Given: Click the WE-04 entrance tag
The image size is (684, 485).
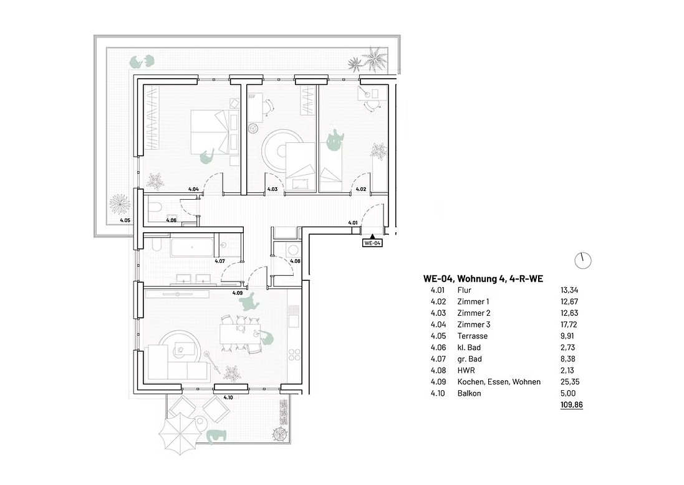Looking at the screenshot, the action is click(372, 243).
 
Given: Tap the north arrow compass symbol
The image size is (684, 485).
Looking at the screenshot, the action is click(583, 261).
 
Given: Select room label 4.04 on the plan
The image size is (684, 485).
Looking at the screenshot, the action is click(193, 190).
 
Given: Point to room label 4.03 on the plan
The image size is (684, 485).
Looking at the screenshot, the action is click(272, 190).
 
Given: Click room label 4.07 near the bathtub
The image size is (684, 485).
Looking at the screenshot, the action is click(219, 261).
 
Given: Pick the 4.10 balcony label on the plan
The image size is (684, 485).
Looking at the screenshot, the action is click(228, 398).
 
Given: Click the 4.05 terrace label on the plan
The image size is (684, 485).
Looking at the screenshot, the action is click(125, 220).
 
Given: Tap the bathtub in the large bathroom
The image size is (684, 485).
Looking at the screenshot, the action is click(192, 247).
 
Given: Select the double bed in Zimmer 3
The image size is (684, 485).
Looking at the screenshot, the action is click(210, 132).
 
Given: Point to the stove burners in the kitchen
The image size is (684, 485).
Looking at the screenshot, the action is click(294, 355).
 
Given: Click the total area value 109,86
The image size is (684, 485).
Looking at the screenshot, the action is click(571, 404).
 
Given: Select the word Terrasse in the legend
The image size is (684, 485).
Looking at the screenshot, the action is click(473, 336).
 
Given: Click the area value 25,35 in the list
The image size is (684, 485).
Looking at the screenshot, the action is click(570, 382).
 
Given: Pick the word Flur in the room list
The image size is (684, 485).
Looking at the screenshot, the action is click(464, 290).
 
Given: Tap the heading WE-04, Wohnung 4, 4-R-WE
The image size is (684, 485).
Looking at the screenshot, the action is click(483, 278).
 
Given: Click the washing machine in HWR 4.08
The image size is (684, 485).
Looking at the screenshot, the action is click(292, 250).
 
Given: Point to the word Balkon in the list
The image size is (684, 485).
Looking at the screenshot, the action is click(469, 393).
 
